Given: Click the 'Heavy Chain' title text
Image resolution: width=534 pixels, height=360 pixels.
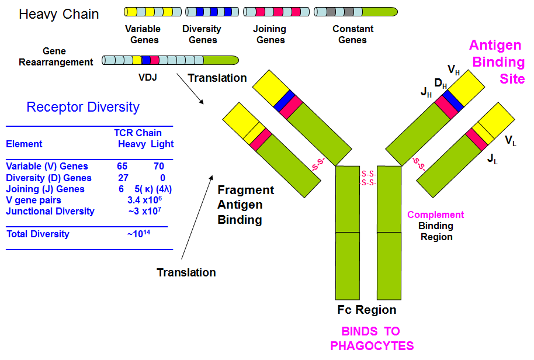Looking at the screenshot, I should pos(58,13).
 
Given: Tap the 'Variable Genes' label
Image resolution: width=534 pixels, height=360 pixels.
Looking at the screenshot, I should pos(142,34).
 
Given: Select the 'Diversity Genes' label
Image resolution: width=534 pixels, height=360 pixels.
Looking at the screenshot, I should pos(202,34).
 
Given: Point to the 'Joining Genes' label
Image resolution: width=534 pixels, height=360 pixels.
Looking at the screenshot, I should pos(270,34).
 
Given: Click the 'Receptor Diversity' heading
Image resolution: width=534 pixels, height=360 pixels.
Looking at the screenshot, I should pos(83,107).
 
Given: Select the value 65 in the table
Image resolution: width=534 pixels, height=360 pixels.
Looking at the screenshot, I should pos(122,167).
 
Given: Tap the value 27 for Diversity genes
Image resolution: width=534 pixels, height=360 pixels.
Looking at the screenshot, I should pos(122,178).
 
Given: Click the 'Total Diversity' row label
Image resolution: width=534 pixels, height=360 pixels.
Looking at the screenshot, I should pos(37,234).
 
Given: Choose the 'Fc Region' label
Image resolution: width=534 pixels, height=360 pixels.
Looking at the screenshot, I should pos(367,310).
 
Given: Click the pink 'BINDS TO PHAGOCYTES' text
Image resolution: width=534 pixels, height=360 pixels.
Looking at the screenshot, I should pos(372,338).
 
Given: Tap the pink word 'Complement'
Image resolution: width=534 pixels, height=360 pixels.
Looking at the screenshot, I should pos(436,214).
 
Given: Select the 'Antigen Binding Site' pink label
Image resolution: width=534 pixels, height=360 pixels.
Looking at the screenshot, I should pos(498,61).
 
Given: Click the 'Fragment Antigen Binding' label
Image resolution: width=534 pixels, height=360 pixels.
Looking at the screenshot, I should pos(245,205).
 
